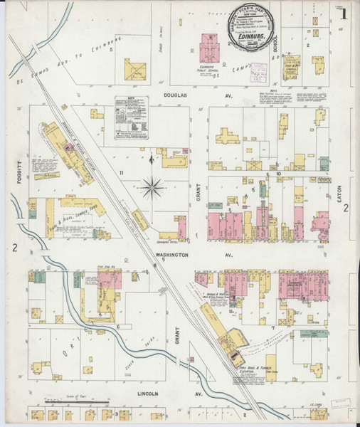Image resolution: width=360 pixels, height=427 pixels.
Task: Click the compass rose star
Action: click(x=152, y=189)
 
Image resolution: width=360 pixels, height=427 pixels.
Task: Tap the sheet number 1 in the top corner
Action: click(x=344, y=14)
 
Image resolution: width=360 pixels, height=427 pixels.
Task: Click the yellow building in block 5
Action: click(x=134, y=70)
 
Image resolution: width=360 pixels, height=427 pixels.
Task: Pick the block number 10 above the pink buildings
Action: click(x=280, y=173)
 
